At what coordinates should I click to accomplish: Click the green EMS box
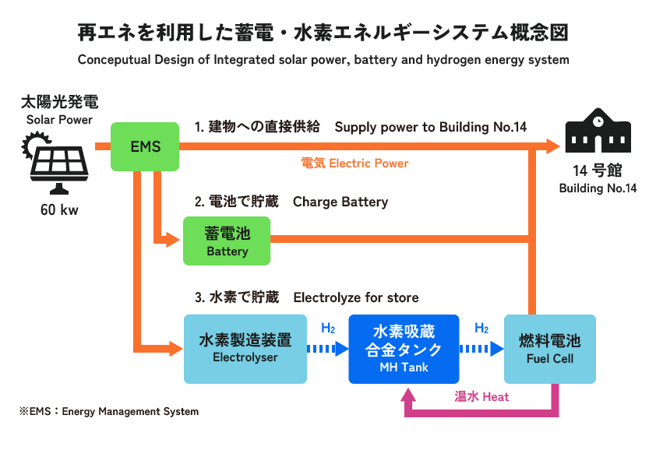click(146, 146)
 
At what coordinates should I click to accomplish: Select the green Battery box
click(227, 241)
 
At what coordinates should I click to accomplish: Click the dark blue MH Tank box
click(404, 348)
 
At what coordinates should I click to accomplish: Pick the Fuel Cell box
click(549, 348)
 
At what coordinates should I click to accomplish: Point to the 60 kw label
click(59, 210)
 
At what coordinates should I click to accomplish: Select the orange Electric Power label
click(354, 163)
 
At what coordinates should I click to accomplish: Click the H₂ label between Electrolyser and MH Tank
click(328, 329)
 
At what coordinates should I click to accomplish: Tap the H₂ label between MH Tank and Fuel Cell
click(481, 329)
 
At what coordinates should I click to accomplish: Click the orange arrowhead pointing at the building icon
click(552, 146)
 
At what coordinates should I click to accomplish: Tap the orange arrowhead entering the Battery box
click(174, 240)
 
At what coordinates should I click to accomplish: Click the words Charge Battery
click(340, 202)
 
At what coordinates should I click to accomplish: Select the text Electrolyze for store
click(356, 297)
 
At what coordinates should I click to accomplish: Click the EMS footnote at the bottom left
click(109, 411)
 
